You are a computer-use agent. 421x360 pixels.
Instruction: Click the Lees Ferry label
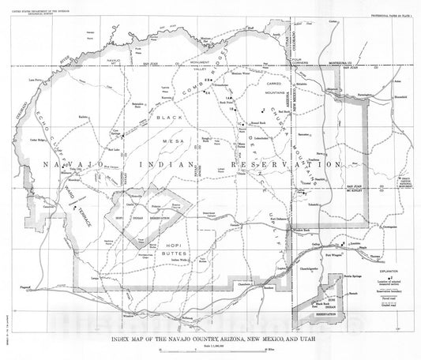34,80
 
